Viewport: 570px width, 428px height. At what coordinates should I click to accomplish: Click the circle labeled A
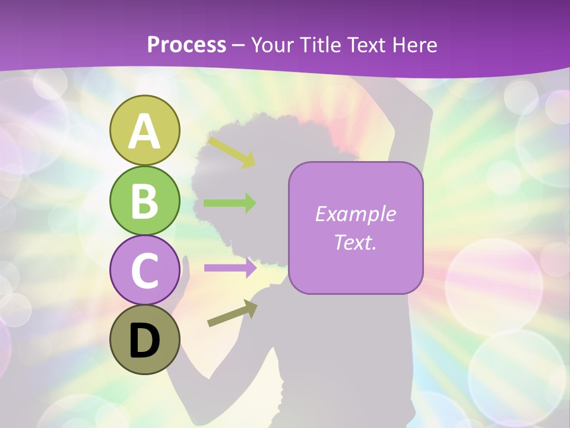tap(144, 130)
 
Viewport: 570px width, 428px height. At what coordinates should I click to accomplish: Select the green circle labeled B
tap(144, 200)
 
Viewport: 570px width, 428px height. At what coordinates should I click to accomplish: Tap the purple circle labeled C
tap(144, 270)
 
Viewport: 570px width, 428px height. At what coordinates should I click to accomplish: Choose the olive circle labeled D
tap(144, 340)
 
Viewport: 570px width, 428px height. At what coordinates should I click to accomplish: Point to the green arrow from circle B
tap(230, 203)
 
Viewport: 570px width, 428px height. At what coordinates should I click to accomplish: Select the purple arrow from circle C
tap(230, 267)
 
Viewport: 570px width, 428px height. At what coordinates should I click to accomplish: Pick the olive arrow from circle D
tap(232, 313)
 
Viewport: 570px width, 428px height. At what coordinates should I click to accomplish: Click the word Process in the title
tap(186, 45)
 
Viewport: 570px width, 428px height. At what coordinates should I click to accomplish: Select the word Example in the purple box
tap(355, 214)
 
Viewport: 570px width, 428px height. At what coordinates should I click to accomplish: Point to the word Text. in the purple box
tap(355, 243)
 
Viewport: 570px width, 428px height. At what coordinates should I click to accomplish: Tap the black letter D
tap(144, 341)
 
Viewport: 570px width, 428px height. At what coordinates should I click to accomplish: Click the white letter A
tap(144, 131)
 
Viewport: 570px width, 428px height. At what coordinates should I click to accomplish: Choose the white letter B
tap(144, 201)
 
